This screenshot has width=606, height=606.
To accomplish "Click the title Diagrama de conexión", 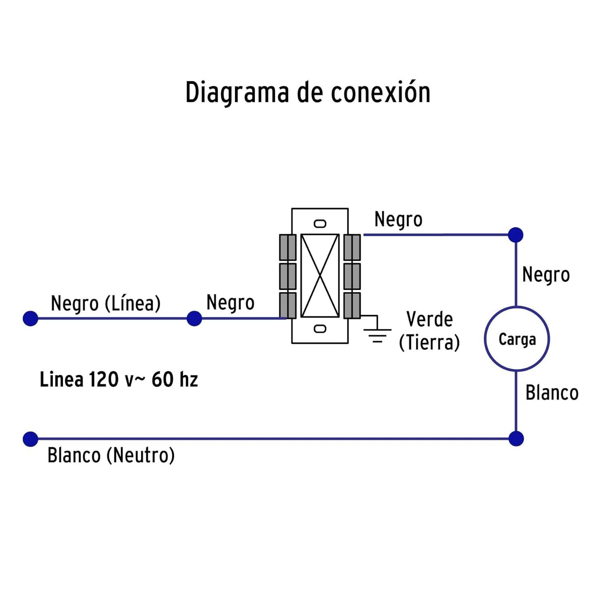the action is pyautogui.click(x=308, y=93).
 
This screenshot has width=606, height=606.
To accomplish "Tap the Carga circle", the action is pyautogui.click(x=517, y=307).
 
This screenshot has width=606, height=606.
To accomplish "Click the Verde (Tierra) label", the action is pyautogui.click(x=429, y=331).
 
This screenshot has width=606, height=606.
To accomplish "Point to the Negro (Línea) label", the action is pyautogui.click(x=106, y=303).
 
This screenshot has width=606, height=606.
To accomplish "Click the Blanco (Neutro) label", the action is pyautogui.click(x=111, y=455).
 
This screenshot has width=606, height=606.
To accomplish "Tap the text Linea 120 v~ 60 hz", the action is pyautogui.click(x=119, y=379).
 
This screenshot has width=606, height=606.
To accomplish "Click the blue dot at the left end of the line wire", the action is pyautogui.click(x=30, y=318).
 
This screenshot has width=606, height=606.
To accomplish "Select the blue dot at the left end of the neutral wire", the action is pyautogui.click(x=30, y=439).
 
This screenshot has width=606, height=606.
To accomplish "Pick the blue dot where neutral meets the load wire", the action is pyautogui.click(x=516, y=438).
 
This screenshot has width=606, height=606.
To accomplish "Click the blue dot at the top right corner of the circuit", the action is pyautogui.click(x=516, y=235).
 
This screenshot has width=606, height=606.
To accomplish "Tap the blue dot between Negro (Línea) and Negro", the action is pyautogui.click(x=194, y=318).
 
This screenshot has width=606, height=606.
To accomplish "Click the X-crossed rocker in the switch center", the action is pyautogui.click(x=320, y=276).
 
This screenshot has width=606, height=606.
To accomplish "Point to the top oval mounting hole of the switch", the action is pyautogui.click(x=320, y=224).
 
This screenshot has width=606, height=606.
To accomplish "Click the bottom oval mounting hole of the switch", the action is pyautogui.click(x=320, y=329).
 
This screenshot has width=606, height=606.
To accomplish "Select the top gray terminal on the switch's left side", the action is pyautogui.click(x=288, y=247).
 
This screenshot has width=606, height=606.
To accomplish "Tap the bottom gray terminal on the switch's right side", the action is pyautogui.click(x=352, y=305).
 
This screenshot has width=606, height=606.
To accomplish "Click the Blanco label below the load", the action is pyautogui.click(x=552, y=393).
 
